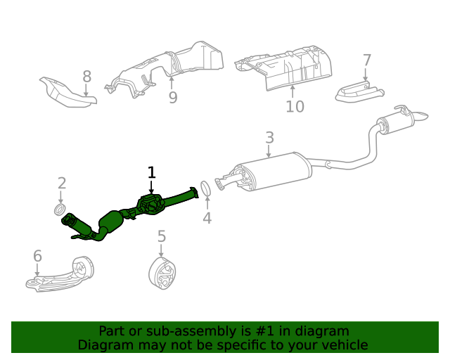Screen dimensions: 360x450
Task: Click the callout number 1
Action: click(x=151, y=172)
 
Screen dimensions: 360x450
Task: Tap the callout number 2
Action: click(x=62, y=184)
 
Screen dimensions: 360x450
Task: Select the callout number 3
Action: click(x=269, y=137)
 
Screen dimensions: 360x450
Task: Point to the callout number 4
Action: click(x=207, y=218)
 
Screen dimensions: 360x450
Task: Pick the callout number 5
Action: click(x=161, y=236)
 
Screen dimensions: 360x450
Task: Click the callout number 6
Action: click(x=37, y=256)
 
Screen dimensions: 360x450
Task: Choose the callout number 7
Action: click(x=366, y=60)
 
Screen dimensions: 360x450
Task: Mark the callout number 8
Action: click(x=86, y=76)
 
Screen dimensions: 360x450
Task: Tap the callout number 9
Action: click(x=173, y=97)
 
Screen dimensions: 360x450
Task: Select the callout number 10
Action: click(x=295, y=106)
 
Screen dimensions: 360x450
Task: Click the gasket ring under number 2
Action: click(x=60, y=210)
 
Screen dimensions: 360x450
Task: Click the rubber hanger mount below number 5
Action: click(x=163, y=274)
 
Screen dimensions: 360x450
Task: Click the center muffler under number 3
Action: click(x=271, y=174)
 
